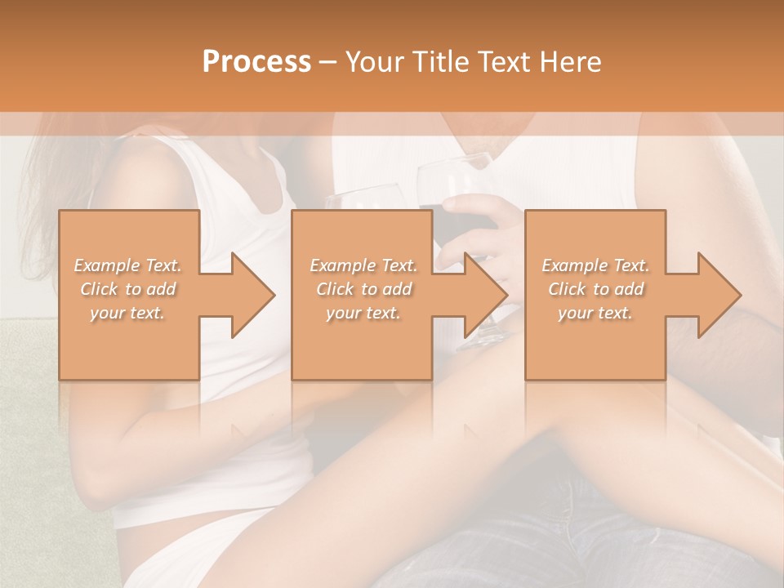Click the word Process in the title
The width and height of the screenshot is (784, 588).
256,62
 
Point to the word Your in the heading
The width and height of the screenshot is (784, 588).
373,62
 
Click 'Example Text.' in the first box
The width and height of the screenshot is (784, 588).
128,265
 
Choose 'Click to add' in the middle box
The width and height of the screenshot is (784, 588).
363,289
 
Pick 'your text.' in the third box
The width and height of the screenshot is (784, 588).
595,313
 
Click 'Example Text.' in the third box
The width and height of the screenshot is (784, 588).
595,265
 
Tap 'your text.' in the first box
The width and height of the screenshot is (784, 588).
127,313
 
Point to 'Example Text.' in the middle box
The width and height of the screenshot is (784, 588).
363,265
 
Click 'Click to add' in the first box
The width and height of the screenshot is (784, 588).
128,289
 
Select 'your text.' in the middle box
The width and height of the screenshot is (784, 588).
363,313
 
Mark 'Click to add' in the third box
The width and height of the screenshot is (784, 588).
595,289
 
